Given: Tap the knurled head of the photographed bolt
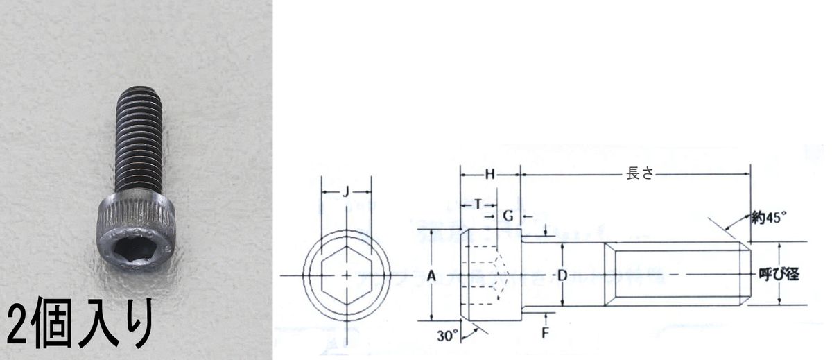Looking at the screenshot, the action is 136,230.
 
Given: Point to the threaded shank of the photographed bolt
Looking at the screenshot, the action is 138,140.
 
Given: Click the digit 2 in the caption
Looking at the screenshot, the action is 18,325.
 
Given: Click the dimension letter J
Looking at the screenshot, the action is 346,192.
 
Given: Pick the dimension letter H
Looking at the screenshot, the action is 490,174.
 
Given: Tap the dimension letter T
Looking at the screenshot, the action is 478,205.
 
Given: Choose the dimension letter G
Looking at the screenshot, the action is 508,216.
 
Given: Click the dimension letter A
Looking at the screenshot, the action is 431,275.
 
